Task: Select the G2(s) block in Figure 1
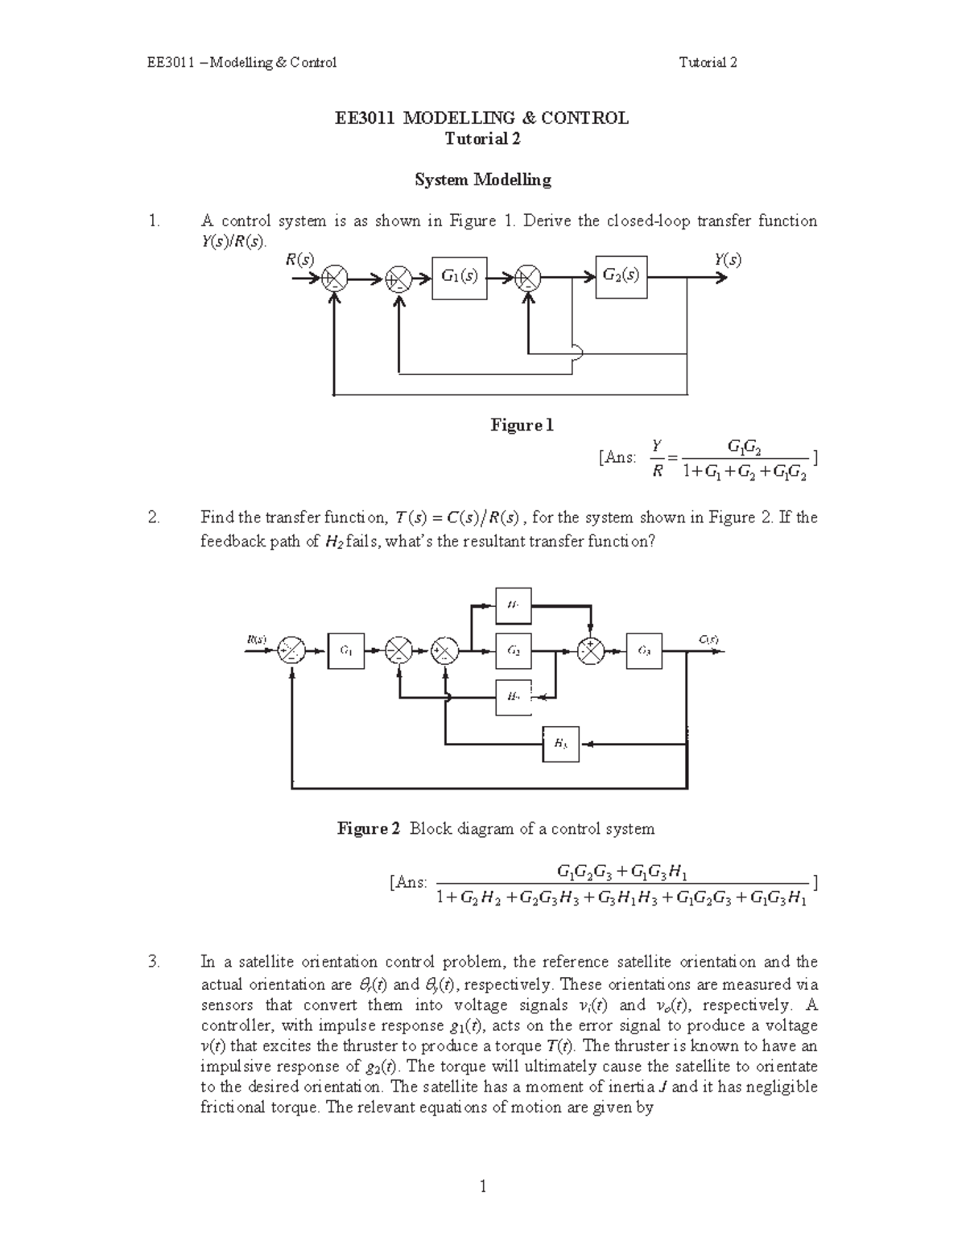point(621,276)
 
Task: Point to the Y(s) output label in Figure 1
point(727,260)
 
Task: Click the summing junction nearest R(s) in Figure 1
point(334,278)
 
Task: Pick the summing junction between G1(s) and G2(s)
point(528,278)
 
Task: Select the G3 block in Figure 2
point(644,650)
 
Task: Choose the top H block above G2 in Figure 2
point(513,605)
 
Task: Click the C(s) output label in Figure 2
point(708,640)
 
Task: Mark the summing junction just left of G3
point(592,651)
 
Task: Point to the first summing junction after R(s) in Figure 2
point(291,651)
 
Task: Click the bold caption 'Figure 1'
point(522,425)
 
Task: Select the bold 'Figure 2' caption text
point(368,828)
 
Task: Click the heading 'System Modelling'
point(482,179)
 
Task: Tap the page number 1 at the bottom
point(483,1186)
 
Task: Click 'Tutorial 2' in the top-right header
point(708,62)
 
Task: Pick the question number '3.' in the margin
point(155,962)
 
